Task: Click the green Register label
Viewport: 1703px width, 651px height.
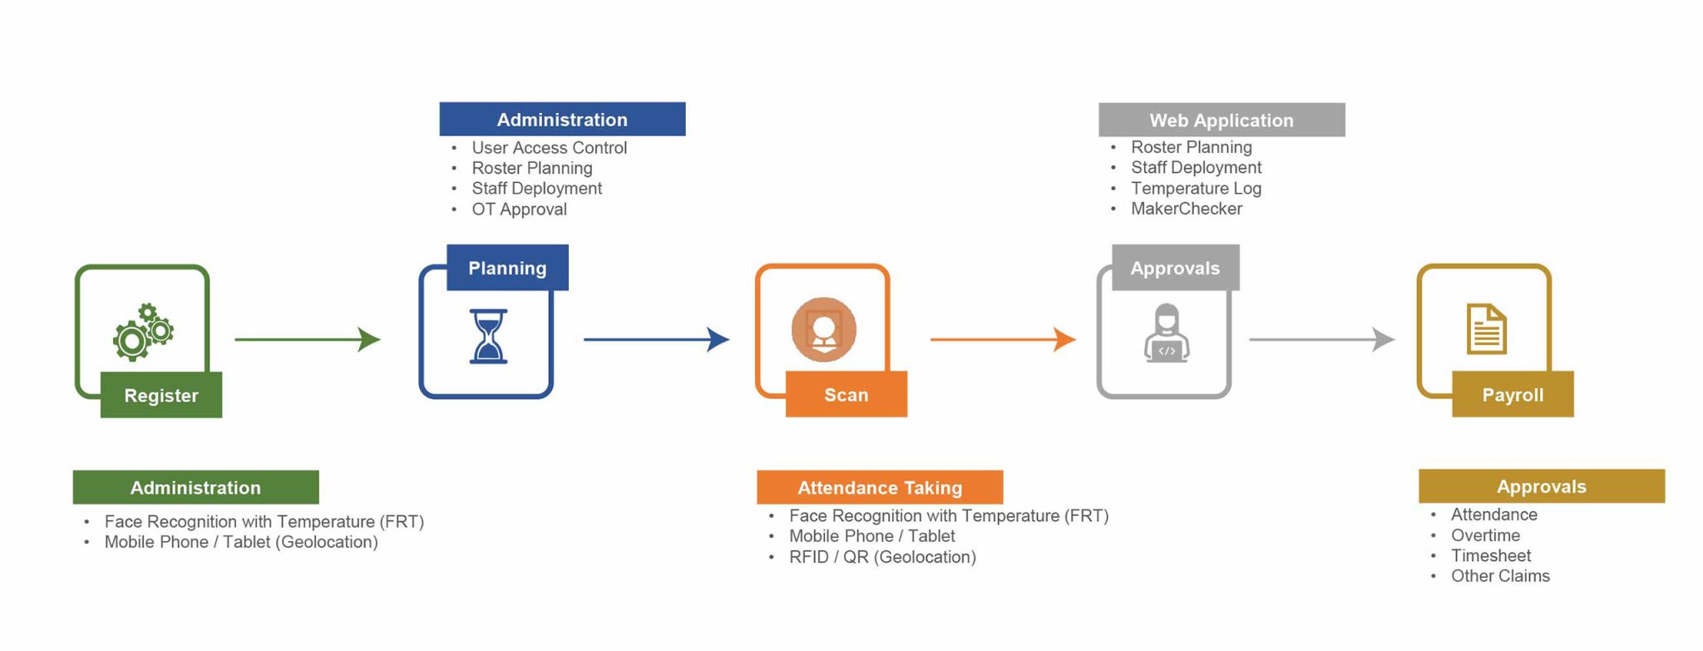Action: [161, 395]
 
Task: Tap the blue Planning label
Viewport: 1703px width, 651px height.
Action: [507, 268]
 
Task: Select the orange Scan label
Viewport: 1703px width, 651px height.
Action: [846, 394]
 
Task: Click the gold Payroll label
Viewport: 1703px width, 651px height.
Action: [1513, 394]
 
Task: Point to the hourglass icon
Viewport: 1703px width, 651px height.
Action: [488, 336]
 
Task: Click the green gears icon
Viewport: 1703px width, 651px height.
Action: [143, 332]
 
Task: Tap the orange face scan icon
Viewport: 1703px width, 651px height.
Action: [823, 329]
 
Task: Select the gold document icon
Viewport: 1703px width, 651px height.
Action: [1486, 329]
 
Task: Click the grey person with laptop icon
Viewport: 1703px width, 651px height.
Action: [1167, 333]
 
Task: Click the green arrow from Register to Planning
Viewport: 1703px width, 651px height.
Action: [307, 339]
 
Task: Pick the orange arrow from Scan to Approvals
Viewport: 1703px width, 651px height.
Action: [1002, 339]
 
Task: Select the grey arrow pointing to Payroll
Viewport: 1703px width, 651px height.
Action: [1321, 339]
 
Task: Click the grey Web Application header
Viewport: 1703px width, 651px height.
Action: [1222, 120]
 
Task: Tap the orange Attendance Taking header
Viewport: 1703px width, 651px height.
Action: [880, 487]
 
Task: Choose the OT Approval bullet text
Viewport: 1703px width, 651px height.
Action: [519, 210]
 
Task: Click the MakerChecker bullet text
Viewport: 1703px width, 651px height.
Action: [1186, 209]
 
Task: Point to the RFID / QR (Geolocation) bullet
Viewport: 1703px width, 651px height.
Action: [882, 557]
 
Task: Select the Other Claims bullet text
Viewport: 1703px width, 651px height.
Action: [1500, 576]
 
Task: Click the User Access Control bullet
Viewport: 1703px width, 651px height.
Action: [549, 148]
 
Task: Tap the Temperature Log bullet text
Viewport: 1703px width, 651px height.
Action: [1196, 189]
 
